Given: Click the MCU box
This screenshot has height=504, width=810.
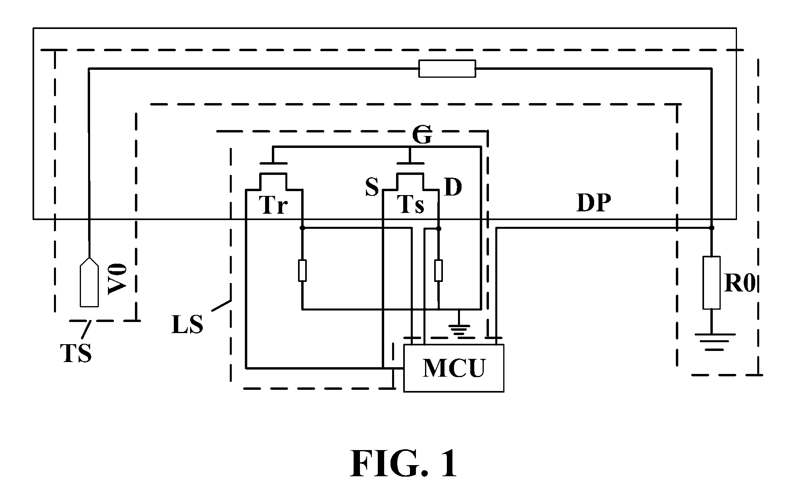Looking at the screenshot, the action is click(x=454, y=368).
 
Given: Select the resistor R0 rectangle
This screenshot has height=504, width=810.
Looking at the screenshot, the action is click(x=711, y=283).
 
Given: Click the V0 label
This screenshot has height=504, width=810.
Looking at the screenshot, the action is click(x=117, y=280).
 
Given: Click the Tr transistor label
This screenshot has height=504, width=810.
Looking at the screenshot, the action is click(x=273, y=205).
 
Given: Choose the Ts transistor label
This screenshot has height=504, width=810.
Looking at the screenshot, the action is click(x=411, y=205).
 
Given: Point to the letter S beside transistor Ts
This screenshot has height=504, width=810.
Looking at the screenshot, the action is click(x=372, y=187).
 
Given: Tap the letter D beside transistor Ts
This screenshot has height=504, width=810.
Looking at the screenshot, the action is click(x=453, y=187).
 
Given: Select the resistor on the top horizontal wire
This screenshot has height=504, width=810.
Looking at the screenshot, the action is click(x=447, y=69).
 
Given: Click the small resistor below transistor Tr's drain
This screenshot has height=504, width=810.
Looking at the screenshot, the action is click(x=302, y=270).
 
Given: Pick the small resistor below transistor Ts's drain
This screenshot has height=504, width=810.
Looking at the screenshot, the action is click(x=439, y=270).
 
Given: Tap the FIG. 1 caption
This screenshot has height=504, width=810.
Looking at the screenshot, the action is click(x=404, y=464).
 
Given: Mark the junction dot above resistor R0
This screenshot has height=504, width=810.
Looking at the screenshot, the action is click(x=712, y=228).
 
